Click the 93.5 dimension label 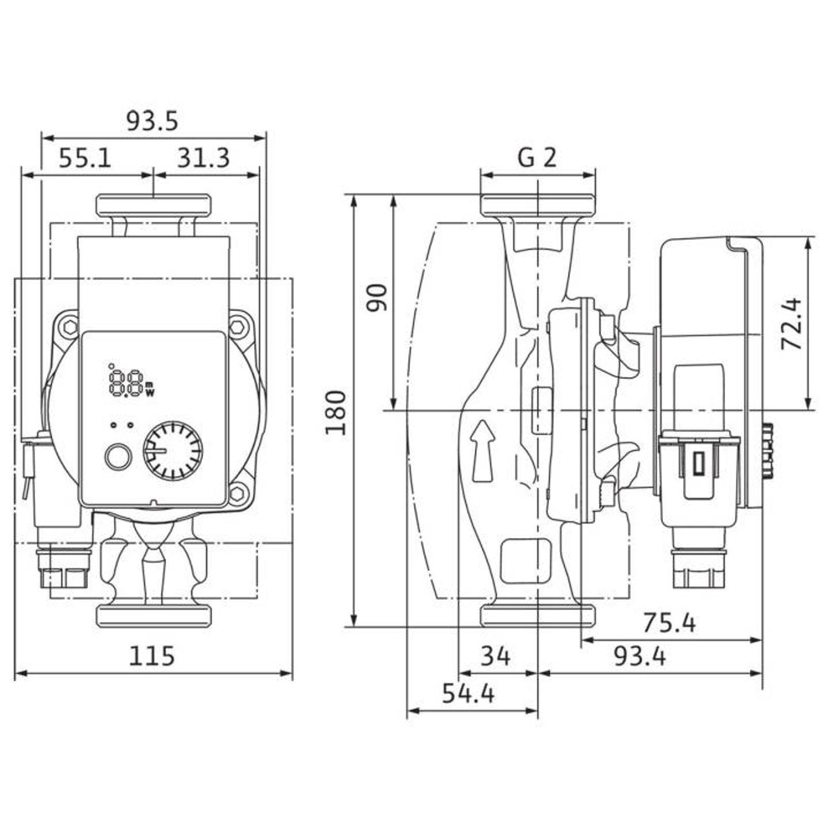152,122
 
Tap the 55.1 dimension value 85,158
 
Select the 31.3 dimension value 203,158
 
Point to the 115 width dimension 152,657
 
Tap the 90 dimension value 377,297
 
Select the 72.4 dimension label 791,324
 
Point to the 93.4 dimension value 640,657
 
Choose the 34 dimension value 496,657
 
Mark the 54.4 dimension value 468,693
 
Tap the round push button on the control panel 119,456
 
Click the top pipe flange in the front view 154,205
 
